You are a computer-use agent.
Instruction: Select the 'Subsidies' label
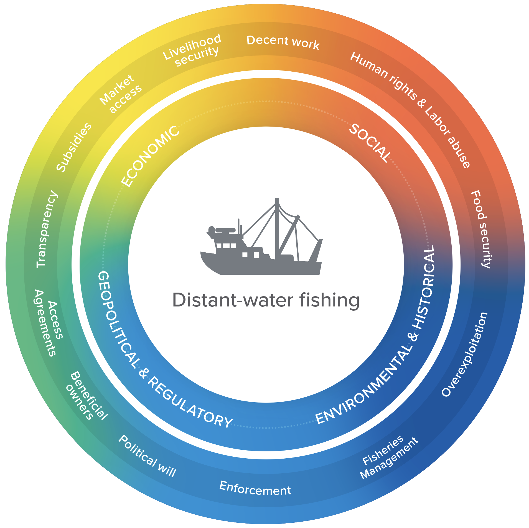click(73, 147)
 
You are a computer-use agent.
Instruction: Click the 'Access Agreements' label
click(49, 322)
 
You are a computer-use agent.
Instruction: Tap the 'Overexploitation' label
click(464, 354)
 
